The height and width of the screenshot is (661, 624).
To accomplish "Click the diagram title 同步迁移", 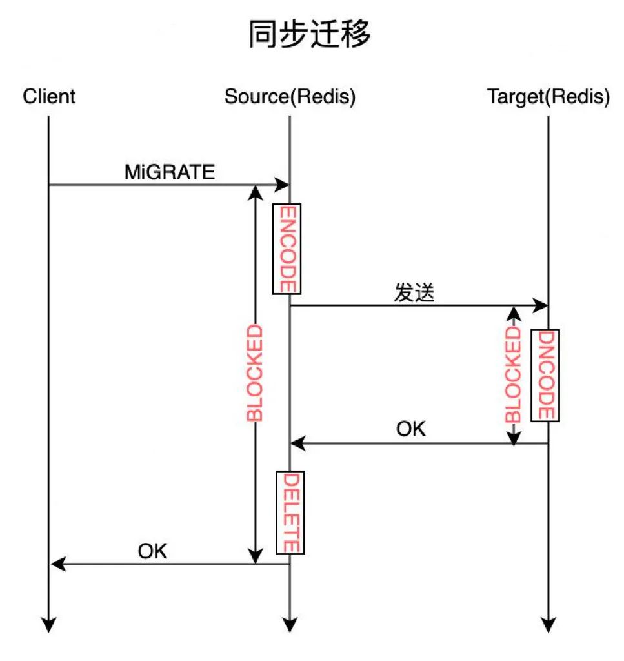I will coord(310,35).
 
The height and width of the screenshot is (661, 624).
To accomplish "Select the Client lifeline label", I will coord(49,97).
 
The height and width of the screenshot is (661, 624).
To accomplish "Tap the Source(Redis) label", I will coord(290,97).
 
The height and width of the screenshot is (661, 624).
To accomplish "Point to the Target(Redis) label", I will coord(548,97).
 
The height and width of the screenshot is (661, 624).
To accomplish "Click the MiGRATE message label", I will coord(170,172).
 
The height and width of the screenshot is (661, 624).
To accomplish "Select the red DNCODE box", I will coord(545,375).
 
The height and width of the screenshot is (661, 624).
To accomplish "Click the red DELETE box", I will coord(290,513).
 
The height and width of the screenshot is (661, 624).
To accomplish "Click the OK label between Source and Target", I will coord(411,429).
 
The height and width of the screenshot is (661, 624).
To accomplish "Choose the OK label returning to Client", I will coord(152,551).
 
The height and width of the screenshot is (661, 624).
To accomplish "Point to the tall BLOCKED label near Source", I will coord(256,373).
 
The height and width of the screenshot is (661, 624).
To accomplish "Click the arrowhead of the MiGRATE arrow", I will coord(282,185).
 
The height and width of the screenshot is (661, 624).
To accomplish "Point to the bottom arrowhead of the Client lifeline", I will coord(49,624).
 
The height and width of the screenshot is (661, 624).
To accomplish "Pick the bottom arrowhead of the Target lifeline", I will coord(548,624).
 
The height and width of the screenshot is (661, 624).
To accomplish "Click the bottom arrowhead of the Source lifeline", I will coord(290,624).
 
